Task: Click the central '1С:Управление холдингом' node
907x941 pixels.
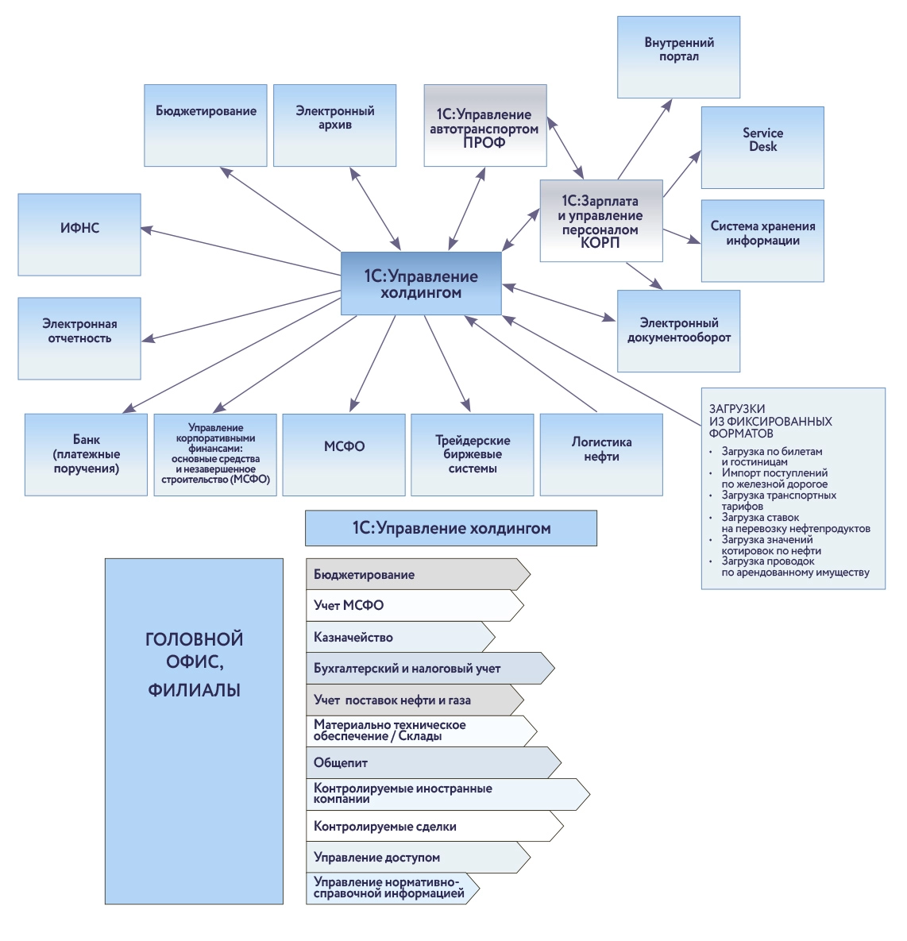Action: (x=421, y=283)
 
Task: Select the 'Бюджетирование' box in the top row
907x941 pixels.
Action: (x=206, y=125)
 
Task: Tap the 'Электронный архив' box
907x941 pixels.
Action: (x=334, y=125)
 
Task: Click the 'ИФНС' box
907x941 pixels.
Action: (x=79, y=234)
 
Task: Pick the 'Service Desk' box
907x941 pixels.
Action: (x=762, y=147)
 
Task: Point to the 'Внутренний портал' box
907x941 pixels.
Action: (x=679, y=57)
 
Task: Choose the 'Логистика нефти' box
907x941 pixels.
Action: (x=601, y=454)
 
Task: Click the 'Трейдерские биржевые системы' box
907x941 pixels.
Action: (x=473, y=454)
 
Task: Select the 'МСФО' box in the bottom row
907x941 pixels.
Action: (x=344, y=454)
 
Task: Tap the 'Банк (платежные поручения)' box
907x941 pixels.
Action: (x=86, y=454)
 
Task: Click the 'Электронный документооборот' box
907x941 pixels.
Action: (x=679, y=330)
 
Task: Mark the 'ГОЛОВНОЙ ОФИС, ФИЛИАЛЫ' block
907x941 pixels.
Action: (x=194, y=731)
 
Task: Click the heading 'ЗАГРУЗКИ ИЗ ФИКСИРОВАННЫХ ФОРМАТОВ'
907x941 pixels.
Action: (x=770, y=422)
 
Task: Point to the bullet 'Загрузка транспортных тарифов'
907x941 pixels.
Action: (x=778, y=501)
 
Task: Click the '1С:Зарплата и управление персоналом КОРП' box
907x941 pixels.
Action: (x=600, y=221)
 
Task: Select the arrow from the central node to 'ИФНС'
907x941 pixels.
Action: (x=238, y=251)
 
